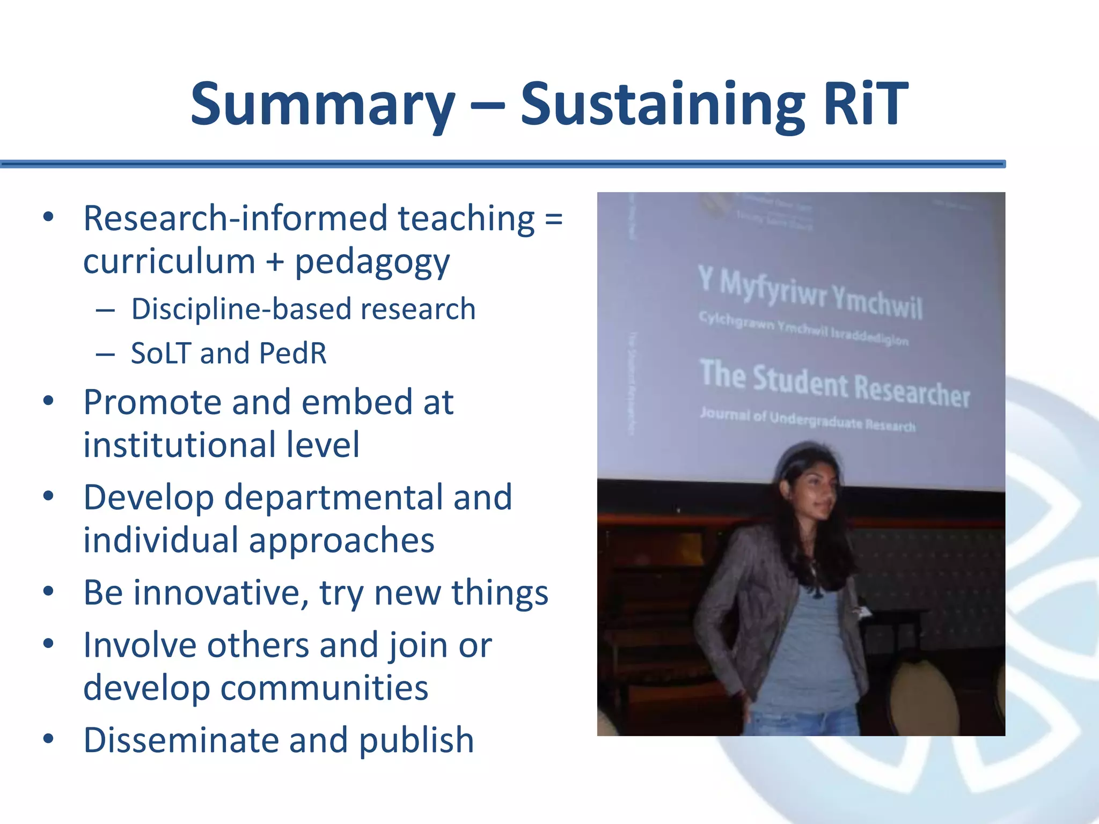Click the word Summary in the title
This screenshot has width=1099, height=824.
pyautogui.click(x=323, y=104)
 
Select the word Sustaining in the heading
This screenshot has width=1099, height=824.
pyautogui.click(x=662, y=104)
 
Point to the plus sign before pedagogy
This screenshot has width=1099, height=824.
pyautogui.click(x=274, y=262)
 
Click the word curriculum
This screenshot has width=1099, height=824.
pyautogui.click(x=169, y=262)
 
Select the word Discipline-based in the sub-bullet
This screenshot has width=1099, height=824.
pyautogui.click(x=241, y=310)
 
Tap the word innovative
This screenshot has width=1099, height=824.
pyautogui.click(x=221, y=593)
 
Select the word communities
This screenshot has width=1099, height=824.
pyautogui.click(x=324, y=688)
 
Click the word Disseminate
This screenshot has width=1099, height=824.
pyautogui.click(x=181, y=740)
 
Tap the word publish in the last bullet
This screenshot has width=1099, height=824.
pyautogui.click(x=416, y=740)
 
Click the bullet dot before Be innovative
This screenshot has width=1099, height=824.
pyautogui.click(x=49, y=592)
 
